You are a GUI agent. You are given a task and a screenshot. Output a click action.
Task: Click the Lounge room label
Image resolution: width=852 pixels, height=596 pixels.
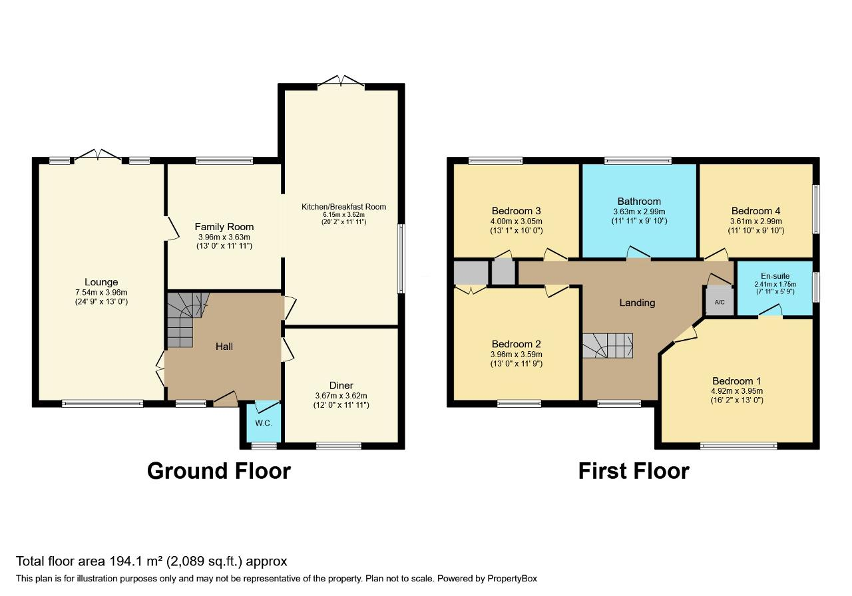point(101,282)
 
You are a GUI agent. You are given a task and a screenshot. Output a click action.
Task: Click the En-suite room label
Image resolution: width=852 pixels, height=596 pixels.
point(774,275)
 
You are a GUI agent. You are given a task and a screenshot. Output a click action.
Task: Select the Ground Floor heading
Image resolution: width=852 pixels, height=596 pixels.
point(218,471)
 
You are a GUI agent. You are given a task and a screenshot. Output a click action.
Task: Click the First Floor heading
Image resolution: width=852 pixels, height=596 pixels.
point(633,471)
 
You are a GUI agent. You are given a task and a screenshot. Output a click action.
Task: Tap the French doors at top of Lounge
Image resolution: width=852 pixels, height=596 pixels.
point(99,156)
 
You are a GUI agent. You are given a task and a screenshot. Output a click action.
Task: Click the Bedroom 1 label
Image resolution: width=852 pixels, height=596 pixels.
point(737,381)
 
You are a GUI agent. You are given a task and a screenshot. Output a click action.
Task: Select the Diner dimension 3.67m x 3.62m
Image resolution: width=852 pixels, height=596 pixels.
point(341,396)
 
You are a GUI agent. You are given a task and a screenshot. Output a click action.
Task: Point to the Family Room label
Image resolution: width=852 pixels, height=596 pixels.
point(224,227)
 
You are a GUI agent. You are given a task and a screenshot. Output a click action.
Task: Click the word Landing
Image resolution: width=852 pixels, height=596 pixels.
point(637,303)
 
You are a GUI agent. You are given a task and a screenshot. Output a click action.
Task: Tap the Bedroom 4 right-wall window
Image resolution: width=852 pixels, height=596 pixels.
point(815,209)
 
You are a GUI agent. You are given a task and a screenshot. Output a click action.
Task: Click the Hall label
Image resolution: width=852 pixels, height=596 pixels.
point(224,346)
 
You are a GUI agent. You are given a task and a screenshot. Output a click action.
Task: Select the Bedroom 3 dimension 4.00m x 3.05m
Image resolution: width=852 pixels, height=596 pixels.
point(516,222)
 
